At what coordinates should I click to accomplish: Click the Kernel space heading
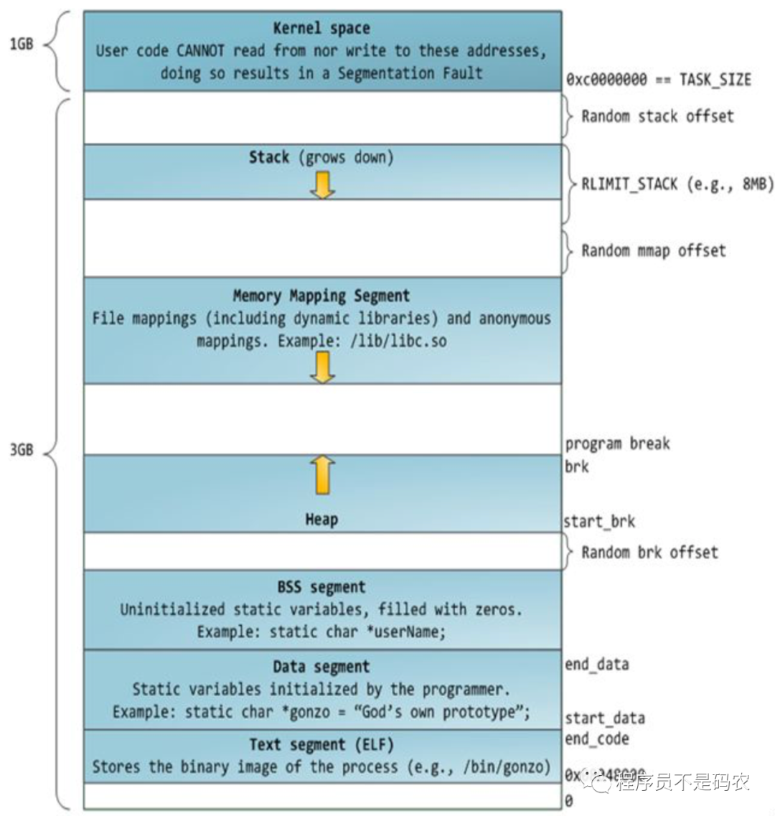click(x=321, y=29)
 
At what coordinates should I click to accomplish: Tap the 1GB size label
click(x=22, y=44)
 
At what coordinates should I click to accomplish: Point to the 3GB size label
click(x=22, y=451)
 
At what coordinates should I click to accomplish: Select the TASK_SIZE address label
click(x=658, y=80)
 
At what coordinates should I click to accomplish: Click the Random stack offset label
click(x=657, y=116)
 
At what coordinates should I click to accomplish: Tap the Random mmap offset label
click(x=653, y=250)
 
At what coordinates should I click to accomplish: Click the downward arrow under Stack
click(x=322, y=185)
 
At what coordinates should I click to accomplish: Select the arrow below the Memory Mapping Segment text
click(x=322, y=367)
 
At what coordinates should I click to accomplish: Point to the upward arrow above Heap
click(x=322, y=475)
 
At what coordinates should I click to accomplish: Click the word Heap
click(x=321, y=520)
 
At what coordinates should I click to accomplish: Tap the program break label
click(x=617, y=444)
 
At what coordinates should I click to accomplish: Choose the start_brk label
click(x=599, y=522)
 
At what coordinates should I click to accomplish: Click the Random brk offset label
click(x=649, y=552)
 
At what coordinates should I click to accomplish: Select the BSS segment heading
click(x=321, y=588)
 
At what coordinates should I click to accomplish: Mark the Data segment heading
click(x=321, y=667)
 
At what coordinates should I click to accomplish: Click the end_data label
click(x=596, y=665)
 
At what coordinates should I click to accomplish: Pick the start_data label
click(x=604, y=718)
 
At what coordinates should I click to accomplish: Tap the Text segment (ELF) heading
click(x=321, y=744)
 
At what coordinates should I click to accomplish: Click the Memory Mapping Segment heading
click(x=321, y=296)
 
